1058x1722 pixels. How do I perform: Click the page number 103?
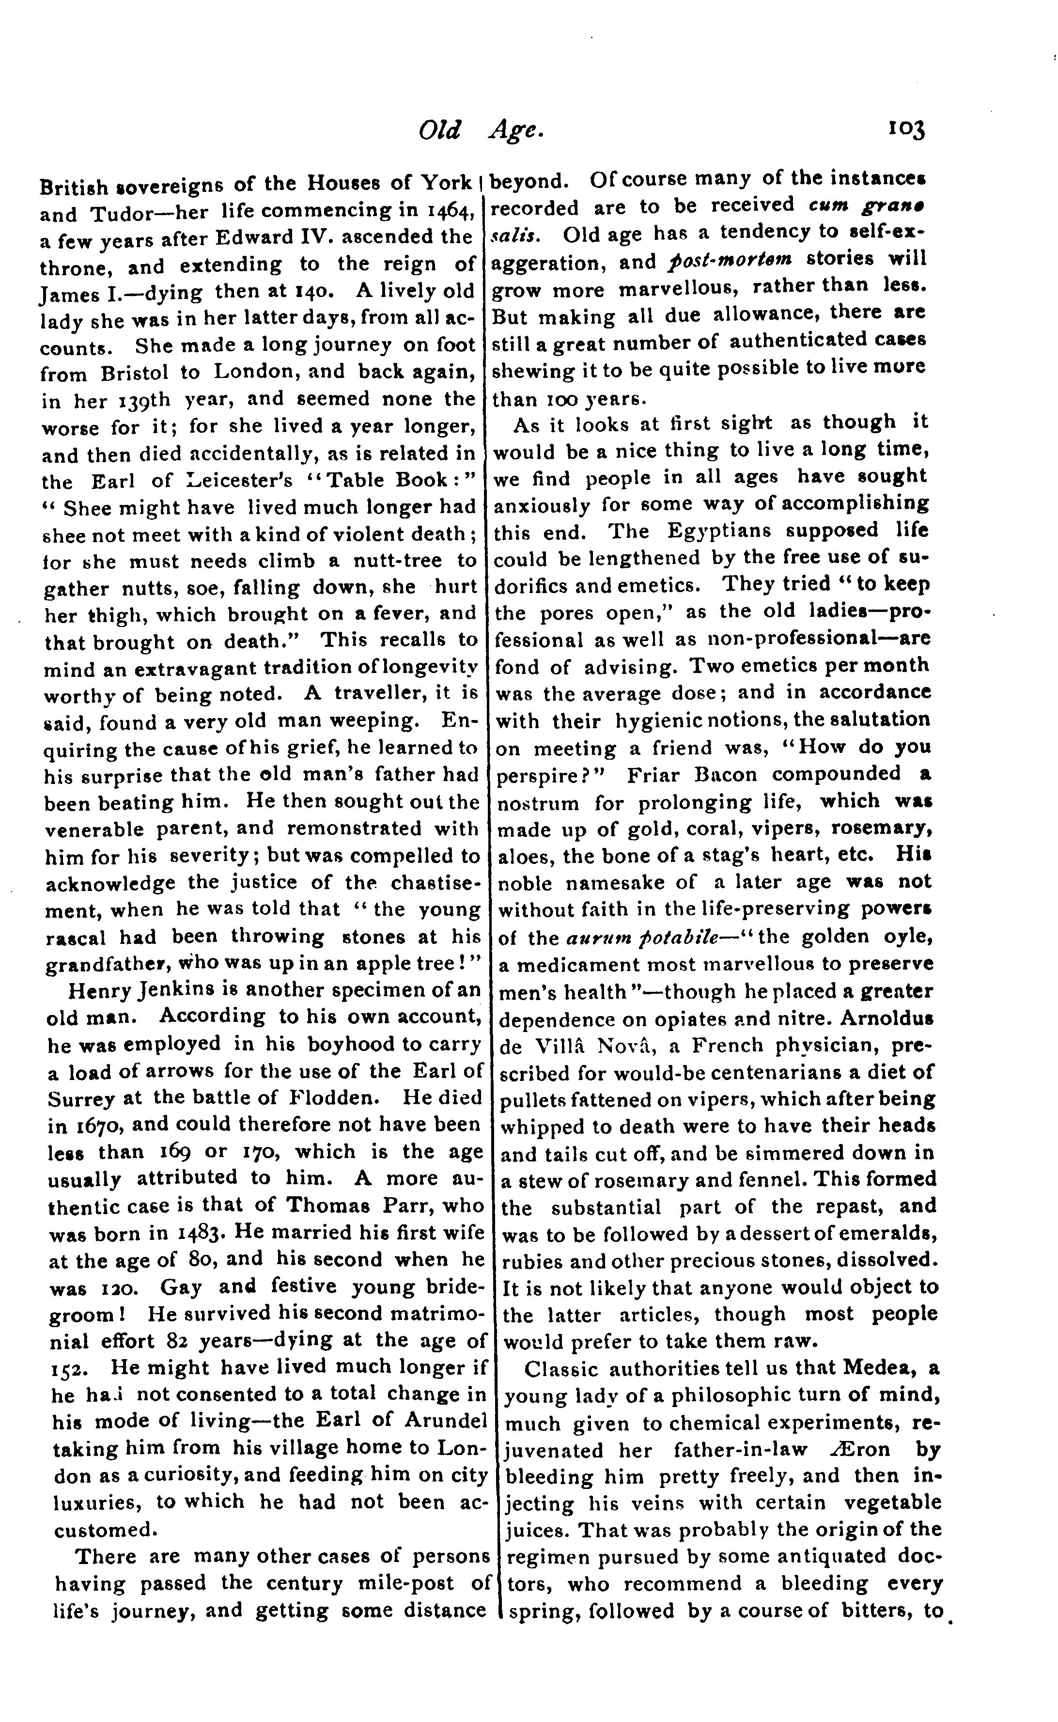pos(906,130)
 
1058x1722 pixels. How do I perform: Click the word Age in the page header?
pos(515,130)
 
